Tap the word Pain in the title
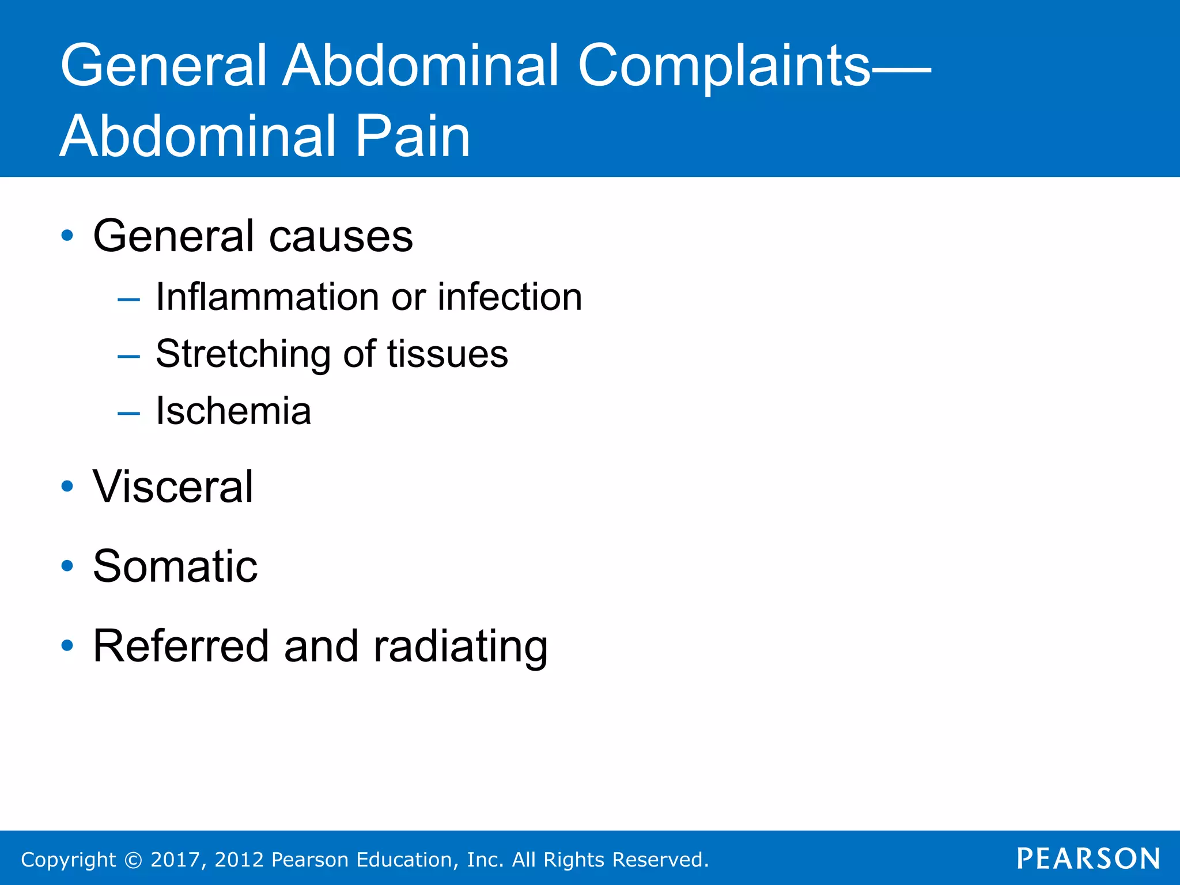coord(413,137)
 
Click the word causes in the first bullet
coord(341,237)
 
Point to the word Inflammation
coord(267,297)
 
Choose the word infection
coord(510,297)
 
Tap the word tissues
coord(448,354)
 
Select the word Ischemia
coord(233,411)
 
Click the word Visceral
coord(173,487)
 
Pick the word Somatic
coord(175,566)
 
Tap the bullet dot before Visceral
coord(67,487)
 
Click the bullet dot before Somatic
coord(67,566)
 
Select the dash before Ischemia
coord(128,413)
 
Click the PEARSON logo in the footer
coord(1088,859)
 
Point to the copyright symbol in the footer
coord(133,860)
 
